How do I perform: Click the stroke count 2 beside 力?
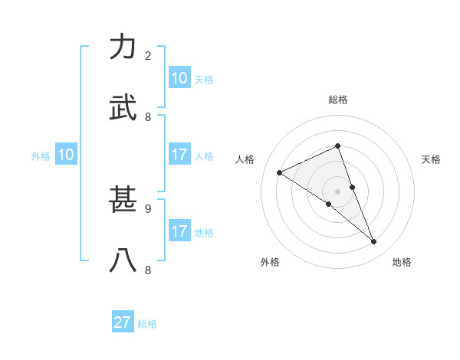148,56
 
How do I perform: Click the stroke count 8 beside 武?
148,117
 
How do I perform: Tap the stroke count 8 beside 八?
148,270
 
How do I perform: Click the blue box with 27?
123,322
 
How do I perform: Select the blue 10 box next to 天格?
179,78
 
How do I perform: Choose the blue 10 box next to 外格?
66,155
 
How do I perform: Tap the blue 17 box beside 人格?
179,155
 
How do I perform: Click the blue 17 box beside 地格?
179,231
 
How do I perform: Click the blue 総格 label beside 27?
147,324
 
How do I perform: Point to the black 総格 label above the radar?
338,100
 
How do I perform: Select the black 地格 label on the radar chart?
402,262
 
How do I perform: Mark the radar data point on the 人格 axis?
280,173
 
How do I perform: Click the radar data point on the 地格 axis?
374,242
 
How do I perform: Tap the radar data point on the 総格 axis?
338,146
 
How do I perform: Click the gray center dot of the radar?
338,191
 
